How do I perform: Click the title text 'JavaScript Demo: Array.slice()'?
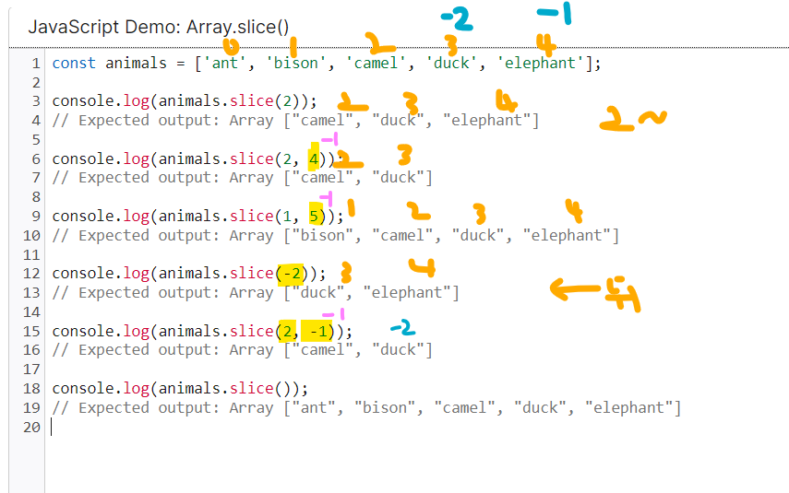[x=152, y=26]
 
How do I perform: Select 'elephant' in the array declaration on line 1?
[x=539, y=64]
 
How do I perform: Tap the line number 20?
[x=31, y=428]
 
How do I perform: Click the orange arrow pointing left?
[x=576, y=289]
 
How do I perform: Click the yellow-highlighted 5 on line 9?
[x=314, y=217]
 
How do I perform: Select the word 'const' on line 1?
[x=74, y=64]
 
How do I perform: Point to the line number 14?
[x=31, y=312]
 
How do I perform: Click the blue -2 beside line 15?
[x=401, y=327]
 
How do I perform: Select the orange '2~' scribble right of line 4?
[x=631, y=118]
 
